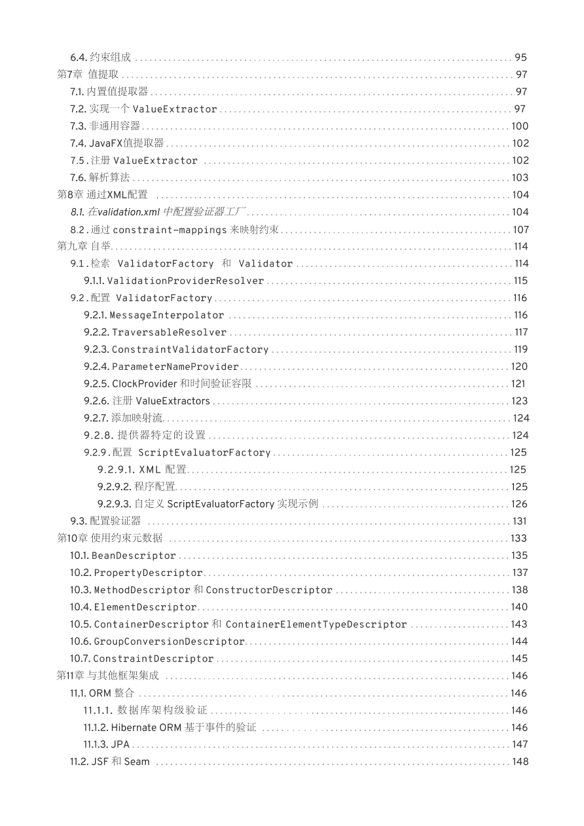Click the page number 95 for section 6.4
520,58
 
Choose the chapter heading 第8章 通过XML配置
103,195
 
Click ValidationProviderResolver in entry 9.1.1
185,281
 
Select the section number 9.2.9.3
115,504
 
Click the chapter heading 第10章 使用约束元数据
110,538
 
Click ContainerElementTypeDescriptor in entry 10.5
316,624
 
